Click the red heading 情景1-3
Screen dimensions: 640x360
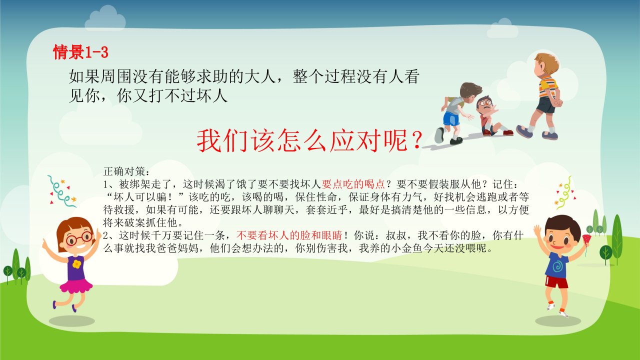pyautogui.click(x=81, y=52)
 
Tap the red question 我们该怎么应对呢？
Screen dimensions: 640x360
pyautogui.click(x=309, y=140)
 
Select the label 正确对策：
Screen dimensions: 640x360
pyautogui.click(x=126, y=171)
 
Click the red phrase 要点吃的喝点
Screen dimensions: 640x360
pyautogui.click(x=353, y=184)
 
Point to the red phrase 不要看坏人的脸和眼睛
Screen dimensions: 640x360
pyautogui.click(x=289, y=235)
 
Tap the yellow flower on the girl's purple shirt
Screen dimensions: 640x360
pyautogui.click(x=76, y=264)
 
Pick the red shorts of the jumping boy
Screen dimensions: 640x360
pyautogui.click(x=556, y=282)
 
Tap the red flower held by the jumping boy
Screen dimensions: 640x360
pyautogui.click(x=586, y=240)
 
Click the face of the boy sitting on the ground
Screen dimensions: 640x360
pyautogui.click(x=484, y=105)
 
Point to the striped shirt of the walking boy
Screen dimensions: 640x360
pyautogui.click(x=547, y=87)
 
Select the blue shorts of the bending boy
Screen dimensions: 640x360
pyautogui.click(x=451, y=118)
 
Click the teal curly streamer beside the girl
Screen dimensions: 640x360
pyautogui.click(x=60, y=192)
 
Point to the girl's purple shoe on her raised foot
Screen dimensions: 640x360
pyautogui.click(x=54, y=305)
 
